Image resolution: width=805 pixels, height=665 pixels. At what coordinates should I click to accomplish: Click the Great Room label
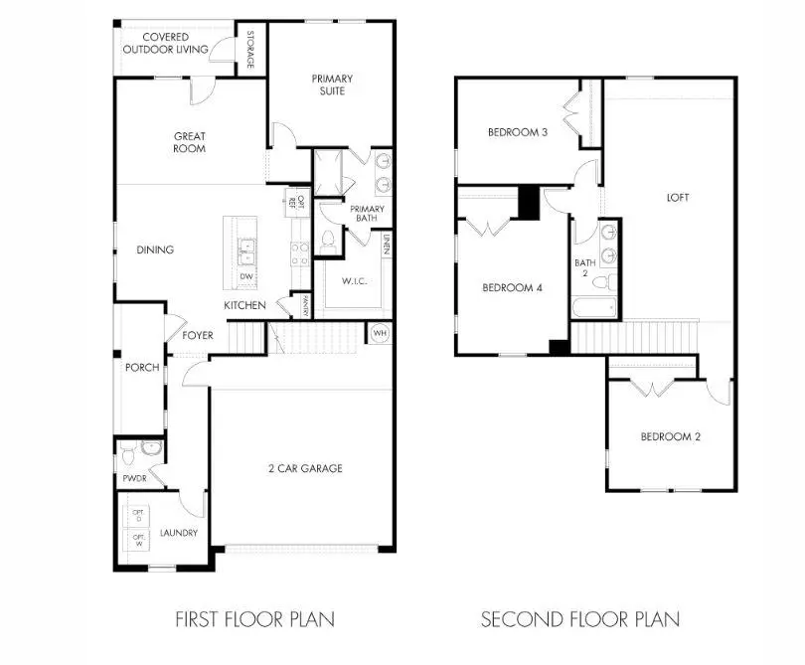tap(189, 142)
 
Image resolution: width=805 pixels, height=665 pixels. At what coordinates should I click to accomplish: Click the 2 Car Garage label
tap(304, 468)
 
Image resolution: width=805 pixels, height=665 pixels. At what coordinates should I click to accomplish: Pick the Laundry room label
tap(179, 533)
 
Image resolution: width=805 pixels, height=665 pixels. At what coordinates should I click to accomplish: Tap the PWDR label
tap(134, 478)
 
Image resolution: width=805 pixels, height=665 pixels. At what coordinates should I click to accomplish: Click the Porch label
tap(142, 368)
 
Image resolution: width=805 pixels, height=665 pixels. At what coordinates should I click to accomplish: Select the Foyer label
tap(197, 335)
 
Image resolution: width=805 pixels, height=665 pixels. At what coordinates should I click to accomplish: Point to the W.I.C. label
tap(354, 281)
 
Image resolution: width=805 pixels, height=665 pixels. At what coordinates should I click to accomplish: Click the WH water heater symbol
tap(380, 333)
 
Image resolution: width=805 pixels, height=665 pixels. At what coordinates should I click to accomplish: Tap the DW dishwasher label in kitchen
tap(244, 276)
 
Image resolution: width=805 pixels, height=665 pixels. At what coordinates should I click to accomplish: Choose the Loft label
tap(678, 197)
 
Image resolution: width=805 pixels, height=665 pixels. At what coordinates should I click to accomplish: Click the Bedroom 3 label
tap(518, 132)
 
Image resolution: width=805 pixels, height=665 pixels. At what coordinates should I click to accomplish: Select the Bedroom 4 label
tap(512, 288)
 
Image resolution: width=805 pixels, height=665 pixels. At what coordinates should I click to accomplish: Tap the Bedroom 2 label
tap(670, 437)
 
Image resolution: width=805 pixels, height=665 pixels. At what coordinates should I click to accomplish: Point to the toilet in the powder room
tap(149, 449)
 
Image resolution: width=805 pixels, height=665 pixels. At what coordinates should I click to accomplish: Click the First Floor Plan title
tap(254, 619)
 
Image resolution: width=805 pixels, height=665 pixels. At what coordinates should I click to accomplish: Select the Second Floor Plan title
tap(580, 619)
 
